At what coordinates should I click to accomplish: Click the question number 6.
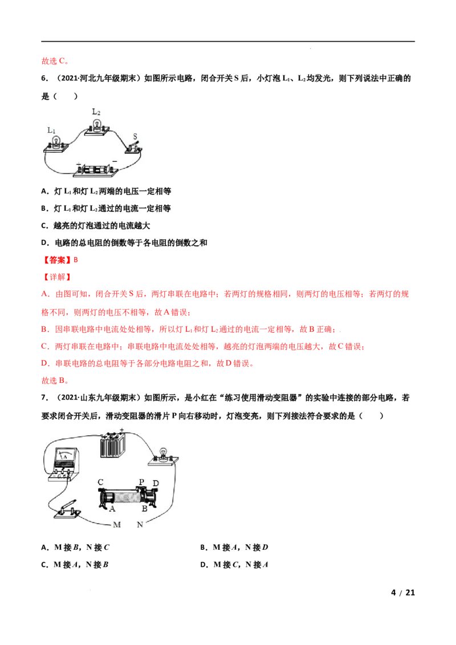(x=44, y=78)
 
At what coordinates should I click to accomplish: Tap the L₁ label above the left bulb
(x=51, y=130)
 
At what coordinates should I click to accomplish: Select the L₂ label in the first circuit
(x=96, y=112)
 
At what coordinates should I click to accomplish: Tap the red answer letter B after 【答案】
(x=76, y=260)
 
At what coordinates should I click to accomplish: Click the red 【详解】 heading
(x=57, y=277)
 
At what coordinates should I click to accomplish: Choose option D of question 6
(x=124, y=243)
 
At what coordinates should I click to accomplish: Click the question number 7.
(x=44, y=398)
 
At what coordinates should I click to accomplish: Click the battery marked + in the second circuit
(x=112, y=445)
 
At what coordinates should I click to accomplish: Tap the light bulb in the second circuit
(x=164, y=456)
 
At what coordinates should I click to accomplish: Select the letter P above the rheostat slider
(x=141, y=481)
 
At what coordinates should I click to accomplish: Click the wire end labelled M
(x=117, y=525)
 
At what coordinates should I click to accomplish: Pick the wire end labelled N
(x=140, y=524)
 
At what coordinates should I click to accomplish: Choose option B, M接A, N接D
(x=234, y=548)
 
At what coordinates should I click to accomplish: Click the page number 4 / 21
(x=403, y=593)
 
